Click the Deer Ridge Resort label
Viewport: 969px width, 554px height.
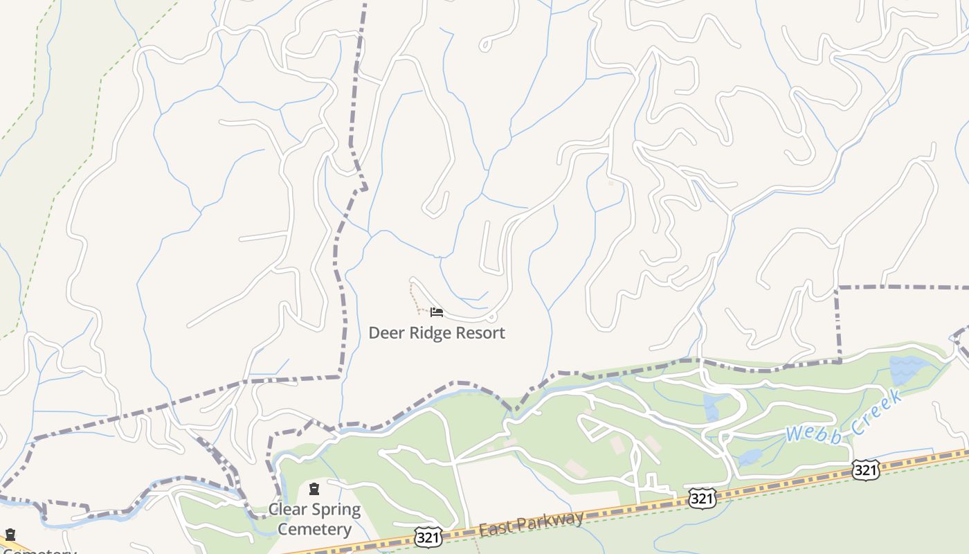coord(436,332)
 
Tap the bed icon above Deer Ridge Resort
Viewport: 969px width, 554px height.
coord(436,312)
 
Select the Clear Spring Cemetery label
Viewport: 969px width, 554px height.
coord(315,519)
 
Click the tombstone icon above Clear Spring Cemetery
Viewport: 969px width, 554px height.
coord(314,490)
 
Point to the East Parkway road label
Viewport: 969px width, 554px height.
coord(531,522)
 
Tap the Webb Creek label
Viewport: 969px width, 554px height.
coord(844,417)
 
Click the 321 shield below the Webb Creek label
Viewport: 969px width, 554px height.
coord(865,470)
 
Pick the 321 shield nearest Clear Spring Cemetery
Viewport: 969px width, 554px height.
coord(428,537)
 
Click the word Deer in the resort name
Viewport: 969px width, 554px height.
coord(385,332)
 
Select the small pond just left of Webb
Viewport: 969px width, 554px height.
coord(750,456)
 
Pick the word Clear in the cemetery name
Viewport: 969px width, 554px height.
coord(287,510)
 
